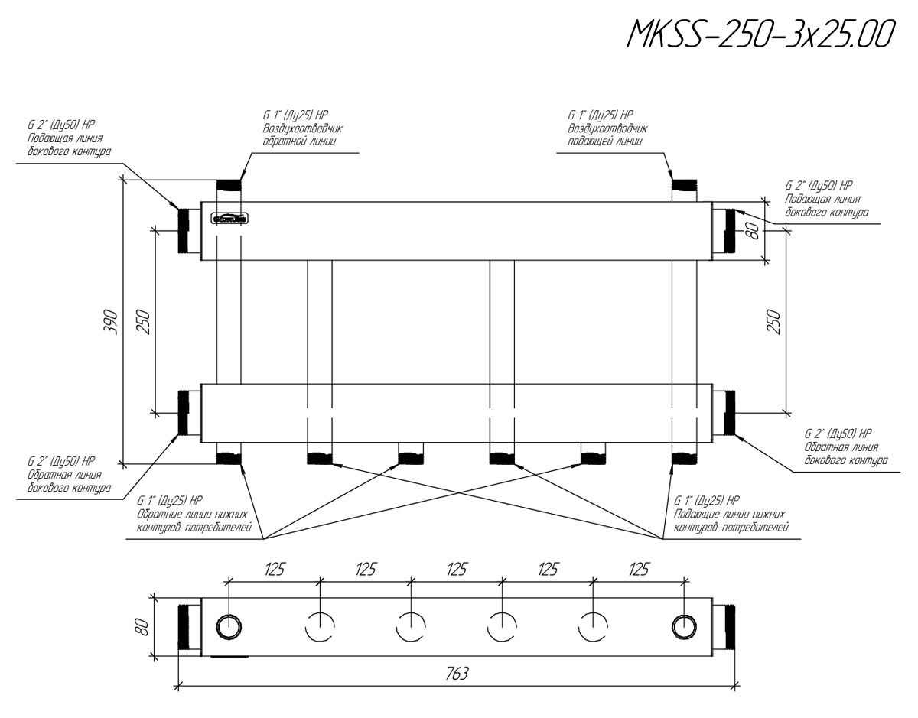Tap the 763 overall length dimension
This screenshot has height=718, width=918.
[457, 674]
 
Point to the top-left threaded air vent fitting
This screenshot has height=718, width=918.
[228, 186]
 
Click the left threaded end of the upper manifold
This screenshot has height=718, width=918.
[184, 230]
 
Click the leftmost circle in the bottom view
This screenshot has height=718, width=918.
[228, 627]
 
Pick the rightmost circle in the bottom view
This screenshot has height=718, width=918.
[684, 627]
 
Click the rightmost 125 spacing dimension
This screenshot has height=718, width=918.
[637, 570]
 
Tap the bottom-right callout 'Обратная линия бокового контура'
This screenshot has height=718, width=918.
[846, 447]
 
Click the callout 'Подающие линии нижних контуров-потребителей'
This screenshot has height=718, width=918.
[731, 515]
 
